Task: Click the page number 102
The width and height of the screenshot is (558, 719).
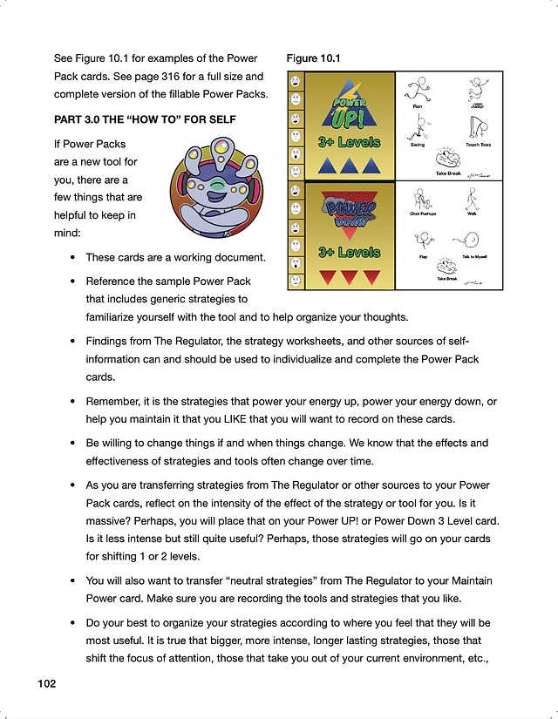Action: tap(46, 684)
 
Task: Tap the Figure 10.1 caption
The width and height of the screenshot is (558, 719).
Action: tap(313, 58)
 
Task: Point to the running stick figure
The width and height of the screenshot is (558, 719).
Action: tap(418, 90)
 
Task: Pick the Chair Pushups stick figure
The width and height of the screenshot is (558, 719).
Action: tap(423, 198)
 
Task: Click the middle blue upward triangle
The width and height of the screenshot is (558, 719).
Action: tap(349, 165)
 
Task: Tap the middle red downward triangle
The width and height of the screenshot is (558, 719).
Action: tap(349, 277)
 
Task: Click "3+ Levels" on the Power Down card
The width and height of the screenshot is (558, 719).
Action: tap(349, 253)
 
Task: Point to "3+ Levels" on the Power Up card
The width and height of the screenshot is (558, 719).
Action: tap(349, 142)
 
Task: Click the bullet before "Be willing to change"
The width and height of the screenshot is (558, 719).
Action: tap(73, 443)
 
